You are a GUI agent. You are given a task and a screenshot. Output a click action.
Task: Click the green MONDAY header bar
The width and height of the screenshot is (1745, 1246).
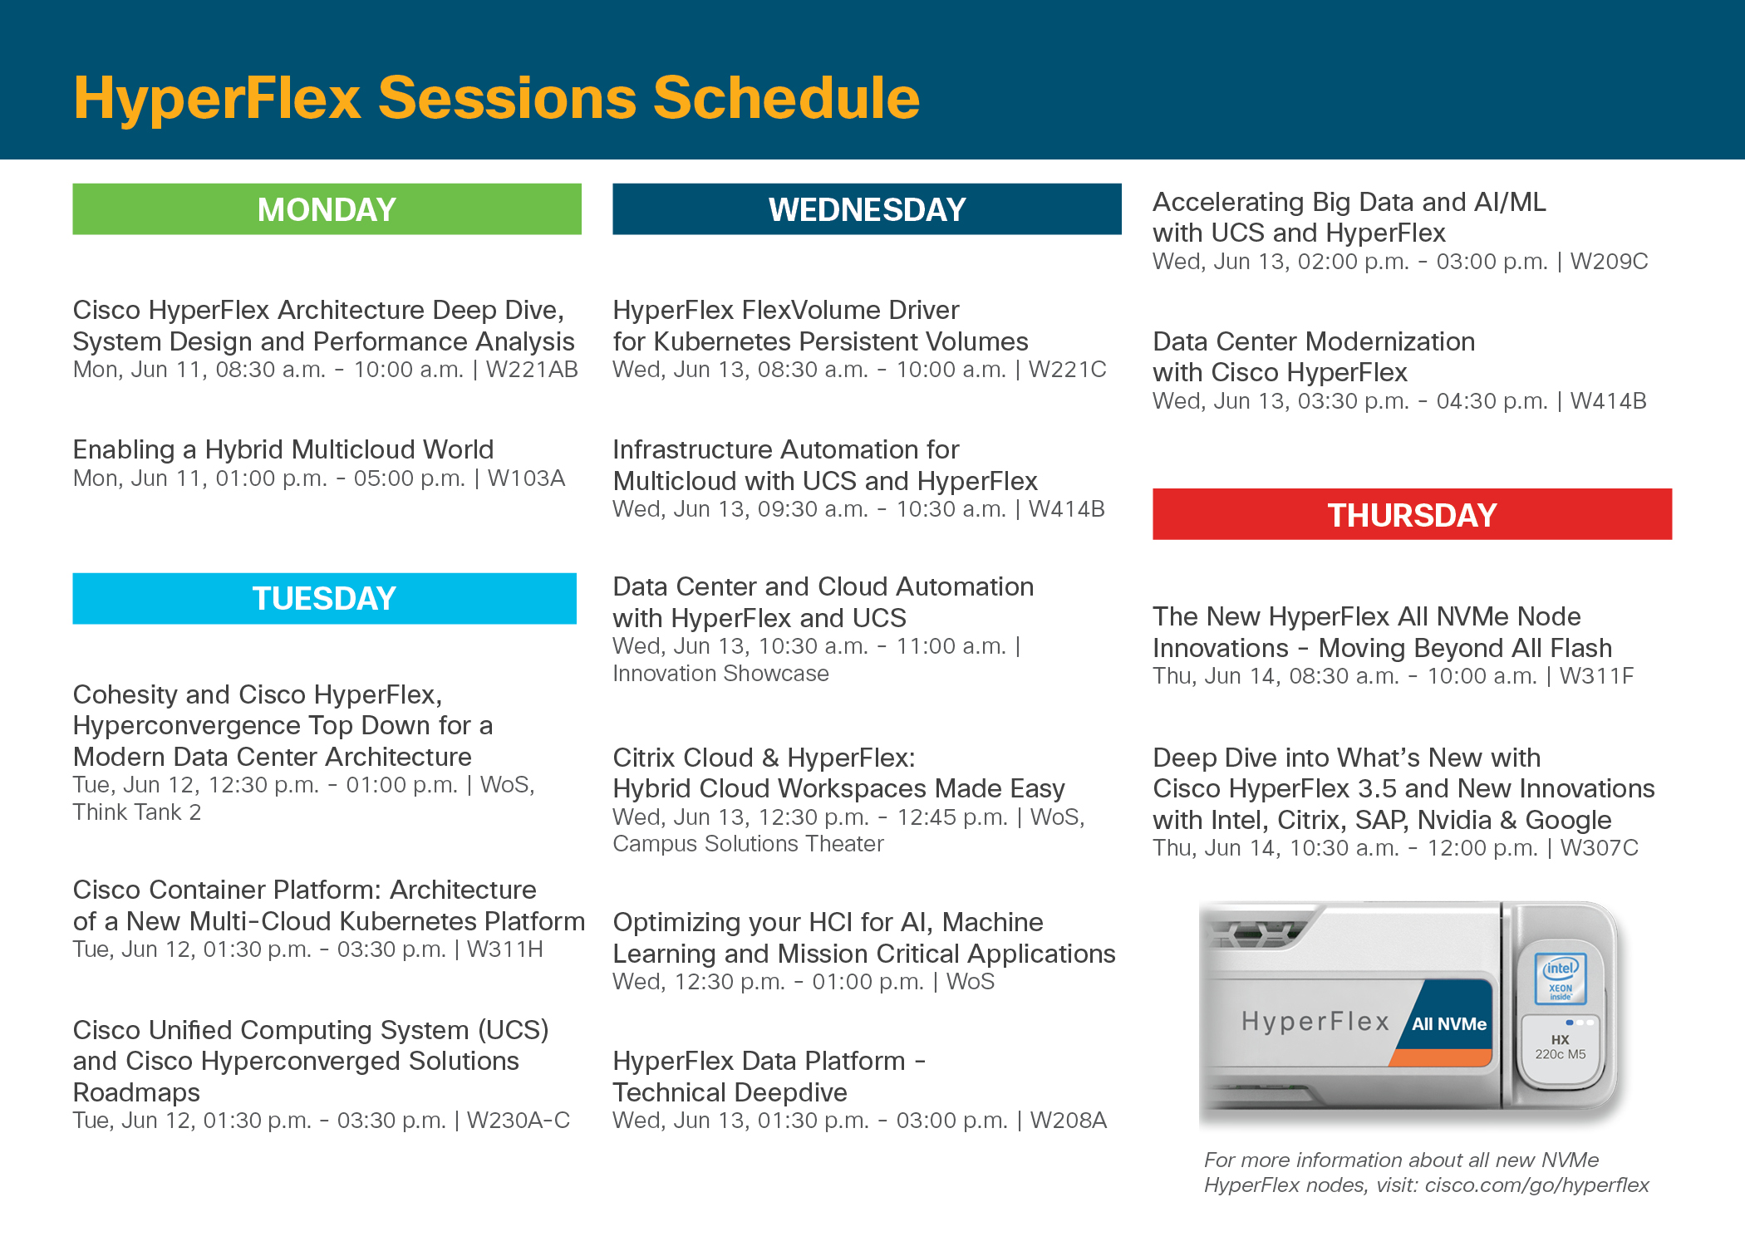click(327, 209)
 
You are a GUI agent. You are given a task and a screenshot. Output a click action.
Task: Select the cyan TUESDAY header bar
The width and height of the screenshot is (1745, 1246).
click(325, 598)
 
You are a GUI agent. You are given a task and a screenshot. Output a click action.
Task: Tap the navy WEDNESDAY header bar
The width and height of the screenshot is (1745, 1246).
click(867, 209)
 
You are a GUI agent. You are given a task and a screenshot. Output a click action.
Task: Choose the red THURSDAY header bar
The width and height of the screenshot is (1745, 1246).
click(1412, 514)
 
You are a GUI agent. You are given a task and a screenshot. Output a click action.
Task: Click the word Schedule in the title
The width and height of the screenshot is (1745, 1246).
click(786, 98)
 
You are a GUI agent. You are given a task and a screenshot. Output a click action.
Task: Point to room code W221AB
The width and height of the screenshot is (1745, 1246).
click(532, 370)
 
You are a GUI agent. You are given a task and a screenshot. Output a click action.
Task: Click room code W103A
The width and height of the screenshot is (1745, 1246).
click(526, 478)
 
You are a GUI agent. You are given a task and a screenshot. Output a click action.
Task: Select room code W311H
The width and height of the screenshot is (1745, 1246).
click(504, 949)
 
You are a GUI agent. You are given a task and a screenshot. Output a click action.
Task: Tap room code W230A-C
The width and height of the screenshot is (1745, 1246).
click(519, 1121)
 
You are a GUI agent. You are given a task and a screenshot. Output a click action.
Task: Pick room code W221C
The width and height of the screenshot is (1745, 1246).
click(1068, 370)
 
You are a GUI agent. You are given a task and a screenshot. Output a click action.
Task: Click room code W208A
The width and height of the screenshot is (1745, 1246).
click(1069, 1121)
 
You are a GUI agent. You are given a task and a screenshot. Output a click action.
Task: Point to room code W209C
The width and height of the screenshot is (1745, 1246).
click(1609, 262)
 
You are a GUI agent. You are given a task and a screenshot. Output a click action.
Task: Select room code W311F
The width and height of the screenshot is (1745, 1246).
click(1596, 676)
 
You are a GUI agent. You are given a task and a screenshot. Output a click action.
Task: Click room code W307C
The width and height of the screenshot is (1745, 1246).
click(1600, 848)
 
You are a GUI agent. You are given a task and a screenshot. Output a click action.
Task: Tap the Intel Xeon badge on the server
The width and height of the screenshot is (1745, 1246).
click(1561, 979)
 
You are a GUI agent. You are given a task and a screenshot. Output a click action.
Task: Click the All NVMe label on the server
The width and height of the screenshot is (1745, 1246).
click(1449, 1024)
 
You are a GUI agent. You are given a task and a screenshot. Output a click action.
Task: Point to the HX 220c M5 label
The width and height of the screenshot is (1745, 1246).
click(1561, 1047)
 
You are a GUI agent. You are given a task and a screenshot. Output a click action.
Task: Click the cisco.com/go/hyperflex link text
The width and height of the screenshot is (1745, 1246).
click(1537, 1185)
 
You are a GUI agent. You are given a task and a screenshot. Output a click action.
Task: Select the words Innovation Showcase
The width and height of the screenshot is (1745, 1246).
click(720, 674)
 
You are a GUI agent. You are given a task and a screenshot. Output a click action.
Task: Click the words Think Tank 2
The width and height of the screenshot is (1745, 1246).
click(137, 812)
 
